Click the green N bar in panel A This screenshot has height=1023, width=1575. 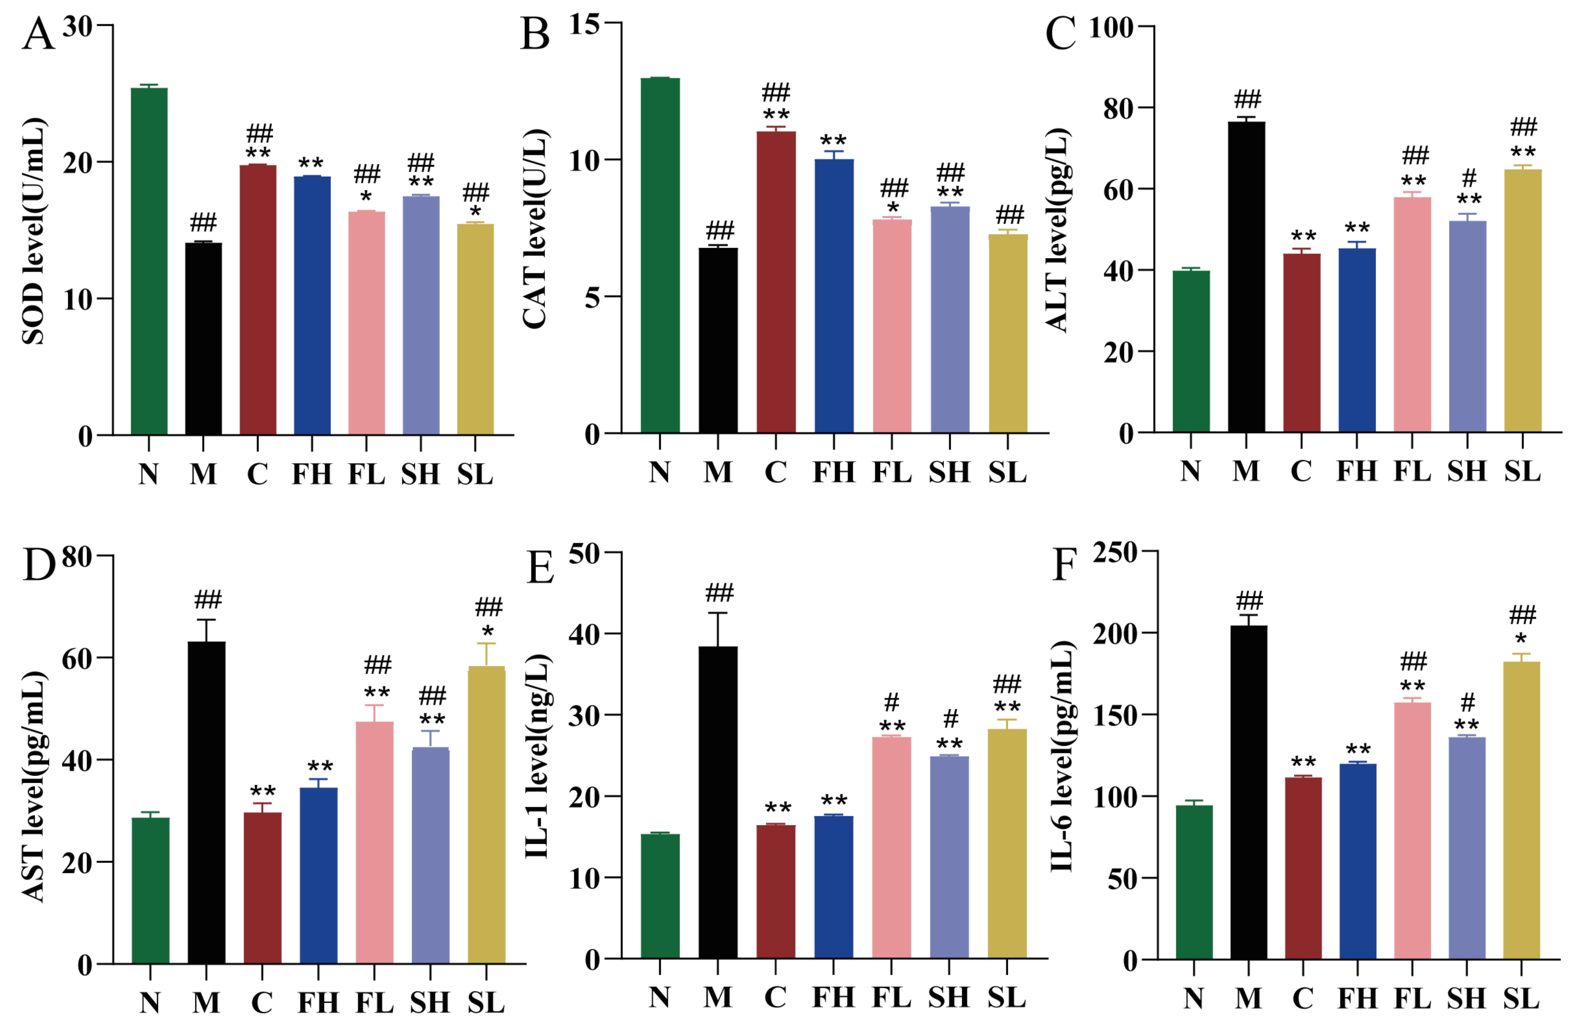(x=149, y=262)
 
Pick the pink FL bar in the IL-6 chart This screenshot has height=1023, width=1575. (x=1412, y=830)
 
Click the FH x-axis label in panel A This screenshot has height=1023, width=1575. (x=312, y=474)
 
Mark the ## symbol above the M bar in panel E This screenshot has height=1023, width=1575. (x=719, y=592)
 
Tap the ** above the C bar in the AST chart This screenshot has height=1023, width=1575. (x=263, y=792)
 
